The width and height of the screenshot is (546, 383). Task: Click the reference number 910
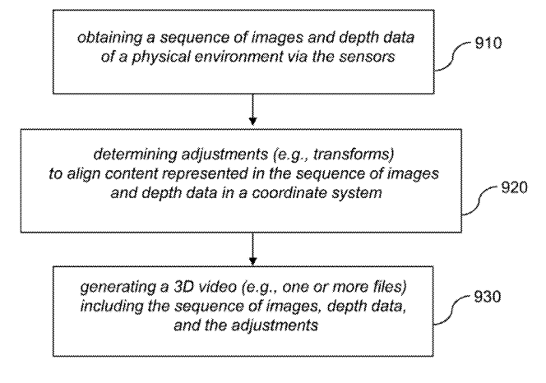click(488, 43)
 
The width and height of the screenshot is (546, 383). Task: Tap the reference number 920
click(514, 187)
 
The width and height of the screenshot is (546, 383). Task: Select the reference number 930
click(487, 297)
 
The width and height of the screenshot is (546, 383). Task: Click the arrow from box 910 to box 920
click(252, 109)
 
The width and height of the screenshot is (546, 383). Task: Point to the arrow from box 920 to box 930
click(252, 249)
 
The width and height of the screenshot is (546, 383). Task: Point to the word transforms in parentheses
click(354, 154)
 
